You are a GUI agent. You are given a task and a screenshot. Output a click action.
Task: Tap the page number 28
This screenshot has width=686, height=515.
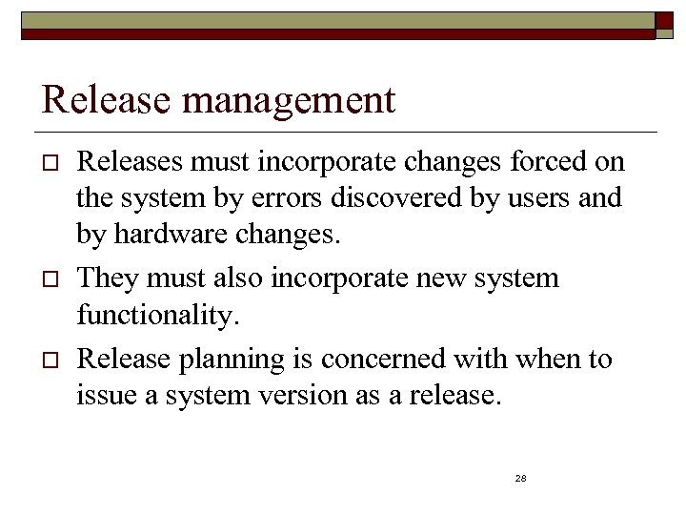tap(520, 478)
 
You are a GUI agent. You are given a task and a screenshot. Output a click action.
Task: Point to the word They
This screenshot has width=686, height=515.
tap(108, 279)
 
